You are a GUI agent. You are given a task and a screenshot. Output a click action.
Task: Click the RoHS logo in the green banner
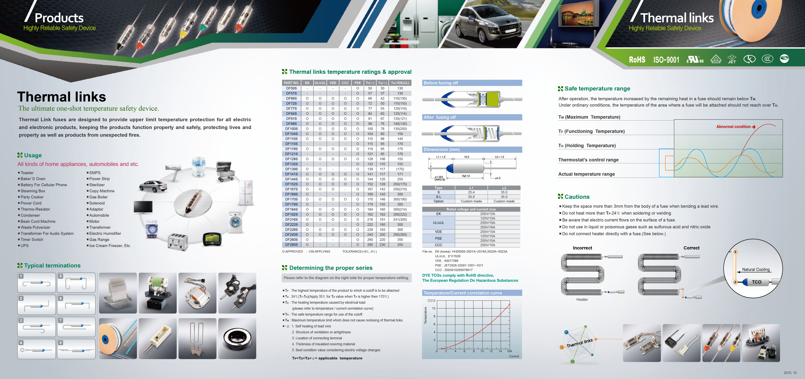[637, 60]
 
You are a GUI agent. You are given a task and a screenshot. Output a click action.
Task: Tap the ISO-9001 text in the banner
[666, 60]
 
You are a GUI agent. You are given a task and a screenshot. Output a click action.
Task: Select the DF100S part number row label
[291, 129]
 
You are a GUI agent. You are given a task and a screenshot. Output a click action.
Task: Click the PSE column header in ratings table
[358, 83]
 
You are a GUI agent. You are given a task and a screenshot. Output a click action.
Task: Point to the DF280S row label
[291, 245]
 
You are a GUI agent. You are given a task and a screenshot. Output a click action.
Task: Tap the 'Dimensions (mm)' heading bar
[472, 149]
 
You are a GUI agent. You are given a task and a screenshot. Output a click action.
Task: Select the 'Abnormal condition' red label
[733, 127]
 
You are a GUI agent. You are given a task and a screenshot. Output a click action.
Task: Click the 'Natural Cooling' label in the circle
[756, 269]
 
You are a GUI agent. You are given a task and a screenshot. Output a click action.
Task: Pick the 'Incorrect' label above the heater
[582, 248]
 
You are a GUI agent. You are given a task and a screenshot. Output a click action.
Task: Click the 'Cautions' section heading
[577, 197]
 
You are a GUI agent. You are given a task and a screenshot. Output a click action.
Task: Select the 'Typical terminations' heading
[52, 266]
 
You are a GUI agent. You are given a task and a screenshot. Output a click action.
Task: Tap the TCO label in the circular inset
[757, 282]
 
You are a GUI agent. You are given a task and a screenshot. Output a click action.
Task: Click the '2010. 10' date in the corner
[790, 373]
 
